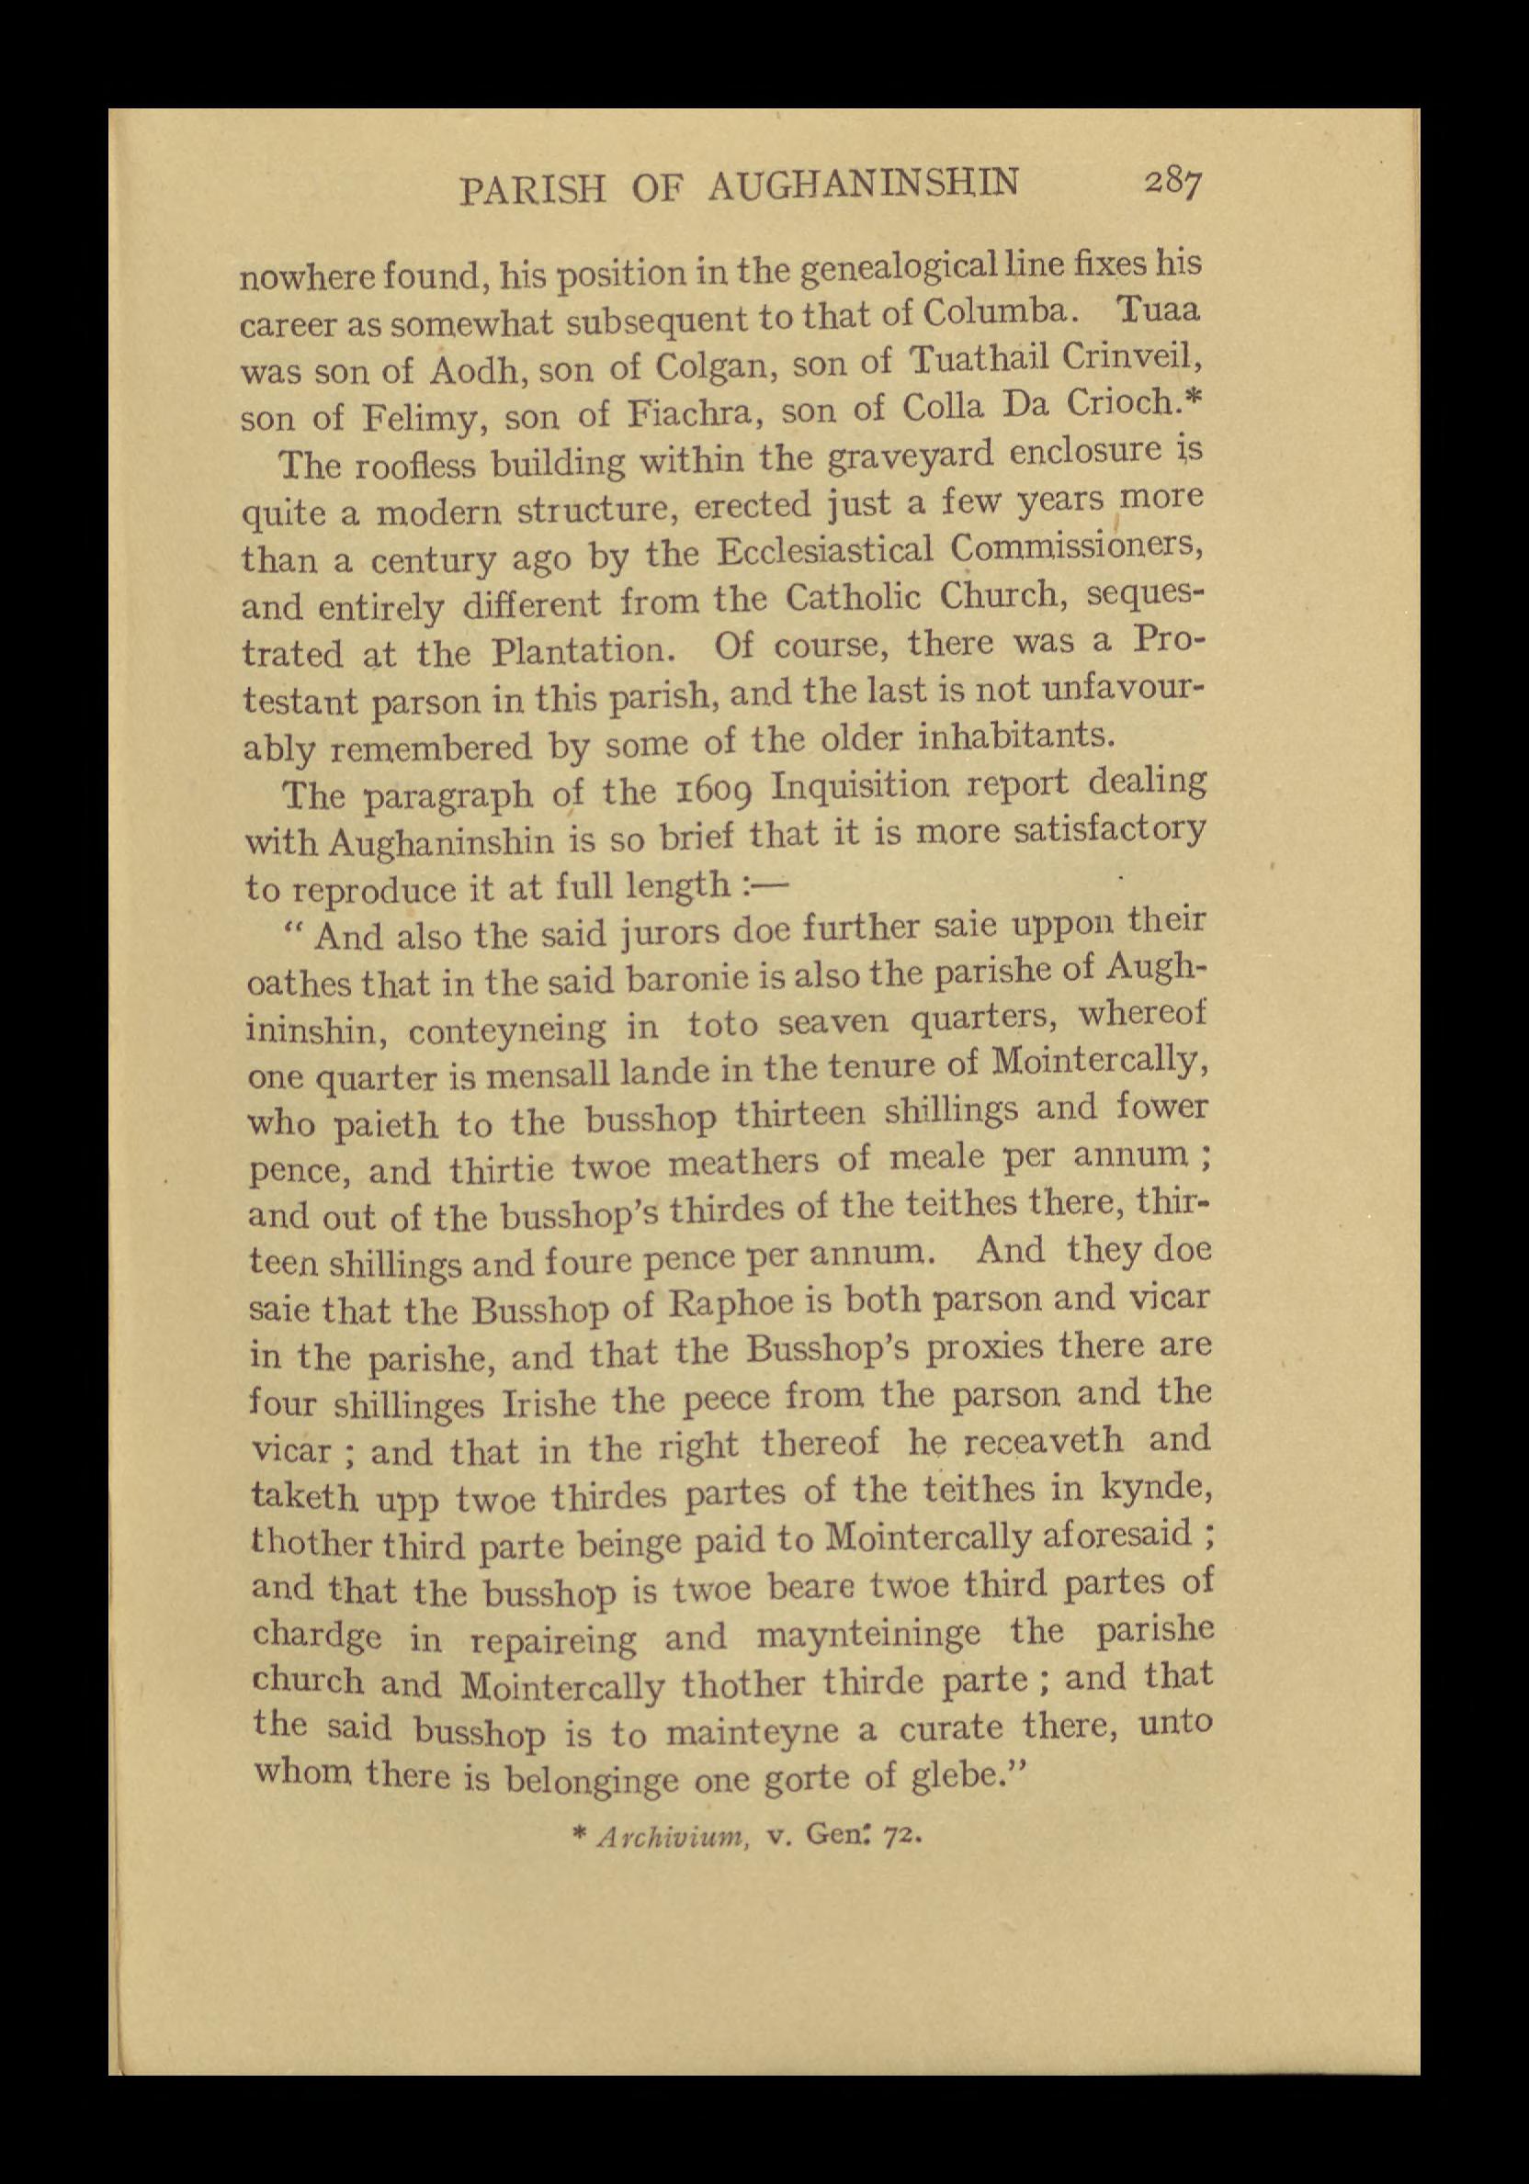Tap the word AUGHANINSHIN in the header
tap(862, 183)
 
